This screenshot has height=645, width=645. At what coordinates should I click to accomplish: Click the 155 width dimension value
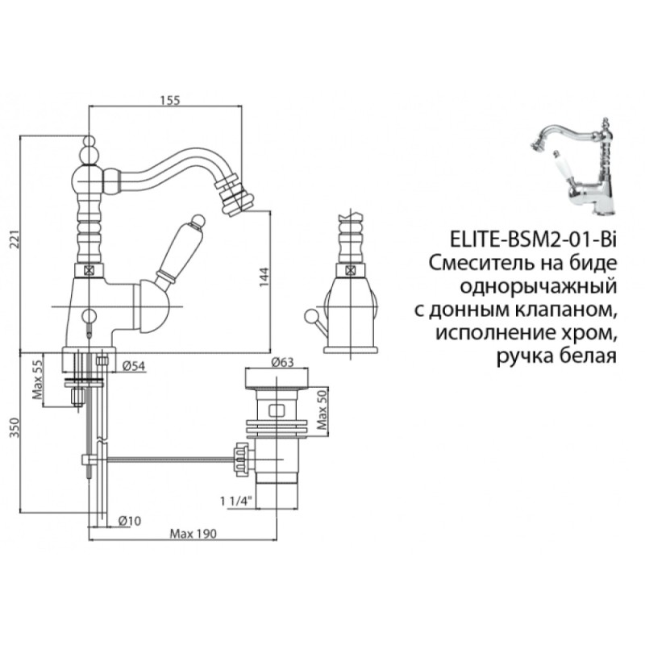[x=170, y=100]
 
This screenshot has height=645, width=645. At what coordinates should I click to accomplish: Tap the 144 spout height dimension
[x=264, y=277]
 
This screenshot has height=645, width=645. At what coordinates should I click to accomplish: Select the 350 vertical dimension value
[x=15, y=427]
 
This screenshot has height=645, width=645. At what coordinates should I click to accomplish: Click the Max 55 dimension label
[x=37, y=379]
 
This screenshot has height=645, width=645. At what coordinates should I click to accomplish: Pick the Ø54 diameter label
[x=134, y=366]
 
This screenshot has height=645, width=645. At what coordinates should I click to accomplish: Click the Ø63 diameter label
[x=283, y=362]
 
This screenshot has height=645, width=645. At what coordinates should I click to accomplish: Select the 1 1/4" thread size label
[x=235, y=501]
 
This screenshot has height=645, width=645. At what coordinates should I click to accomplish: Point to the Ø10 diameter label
[x=130, y=521]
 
